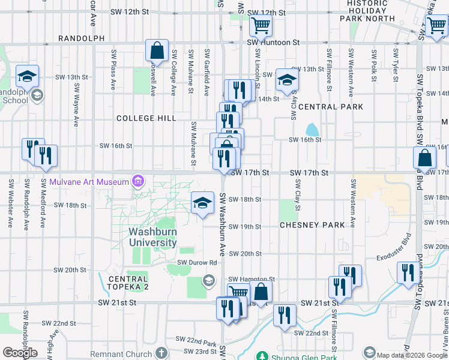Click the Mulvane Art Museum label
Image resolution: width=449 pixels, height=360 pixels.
[x=89, y=182]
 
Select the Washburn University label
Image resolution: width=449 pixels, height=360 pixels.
[x=152, y=237]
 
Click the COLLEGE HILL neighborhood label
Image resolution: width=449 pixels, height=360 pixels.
[x=146, y=119]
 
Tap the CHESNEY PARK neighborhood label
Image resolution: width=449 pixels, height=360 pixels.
[x=312, y=225]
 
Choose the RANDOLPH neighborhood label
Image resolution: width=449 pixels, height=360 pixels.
[x=82, y=38]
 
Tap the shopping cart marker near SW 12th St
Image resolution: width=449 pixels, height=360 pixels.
[x=261, y=26]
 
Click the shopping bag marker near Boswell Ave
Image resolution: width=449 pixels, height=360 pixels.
[x=156, y=50]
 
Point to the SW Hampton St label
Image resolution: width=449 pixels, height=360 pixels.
[x=251, y=280]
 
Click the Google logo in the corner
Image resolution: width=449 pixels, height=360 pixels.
[x=19, y=353]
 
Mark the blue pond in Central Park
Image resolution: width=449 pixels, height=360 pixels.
[x=312, y=130]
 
